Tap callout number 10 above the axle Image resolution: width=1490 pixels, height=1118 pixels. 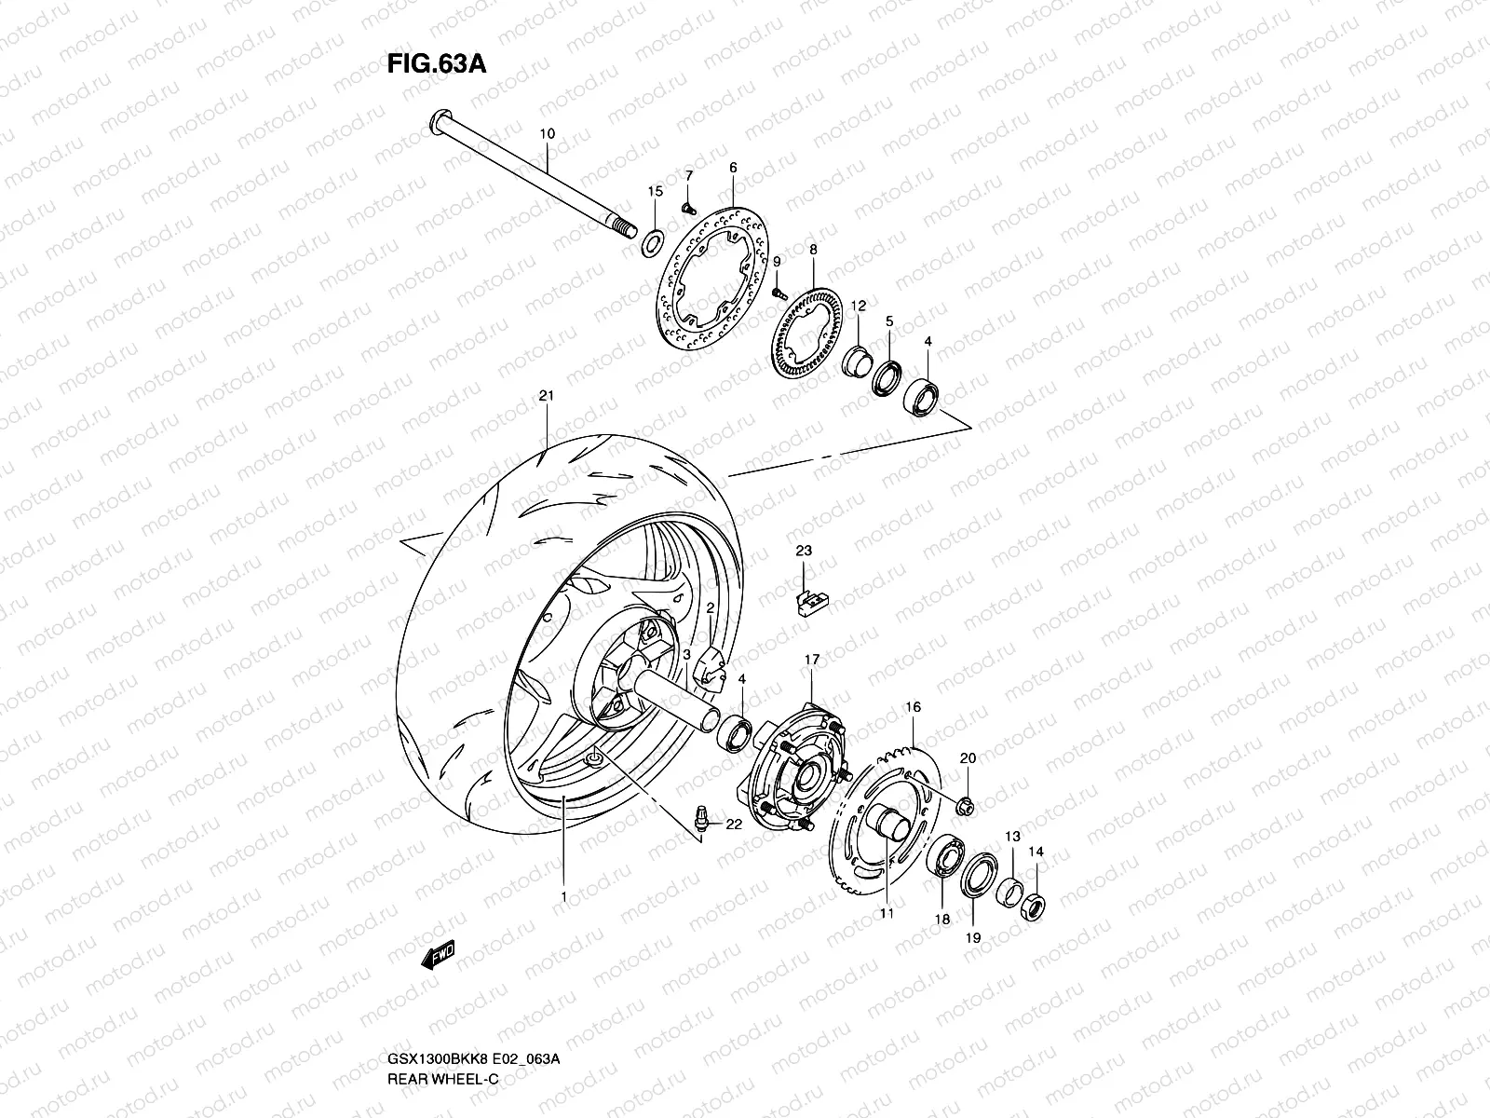click(547, 134)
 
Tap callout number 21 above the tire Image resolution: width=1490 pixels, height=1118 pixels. click(546, 396)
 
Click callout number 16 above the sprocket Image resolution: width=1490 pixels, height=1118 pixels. click(913, 708)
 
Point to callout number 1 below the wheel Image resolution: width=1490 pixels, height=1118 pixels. click(563, 896)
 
